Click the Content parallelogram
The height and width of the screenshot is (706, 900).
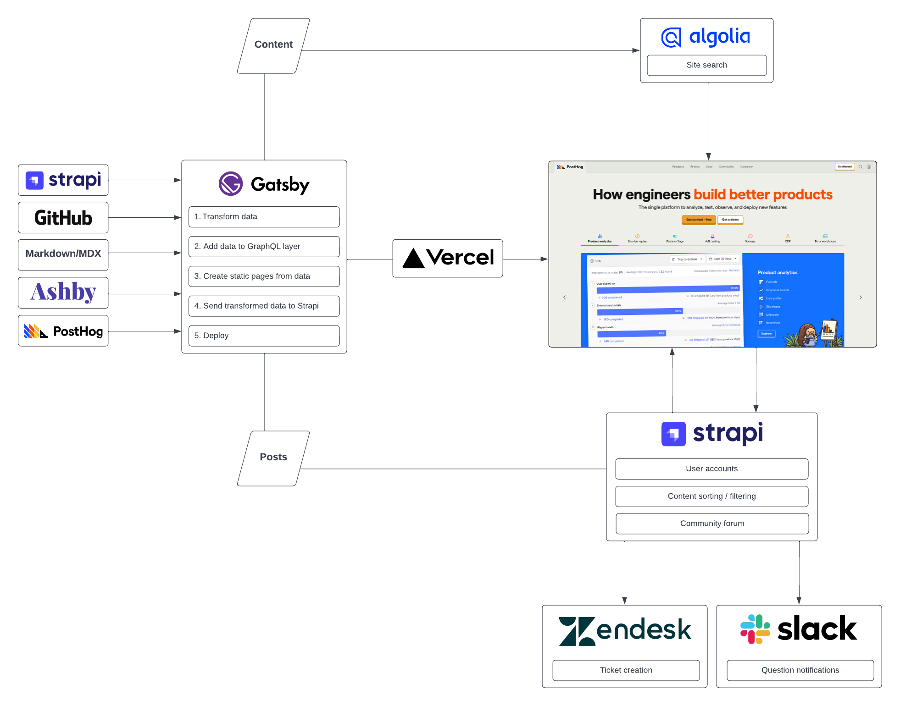coord(273,45)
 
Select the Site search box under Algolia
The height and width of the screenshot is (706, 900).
coord(706,65)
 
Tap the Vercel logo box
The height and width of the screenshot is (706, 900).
coord(447,258)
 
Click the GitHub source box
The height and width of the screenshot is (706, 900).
coord(63,218)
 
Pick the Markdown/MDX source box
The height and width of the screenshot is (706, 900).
coord(63,254)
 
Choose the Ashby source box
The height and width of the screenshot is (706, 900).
coord(63,292)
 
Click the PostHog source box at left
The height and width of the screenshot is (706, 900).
coord(63,331)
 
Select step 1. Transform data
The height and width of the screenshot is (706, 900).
coord(264,216)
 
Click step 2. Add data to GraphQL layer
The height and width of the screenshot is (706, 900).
coord(264,246)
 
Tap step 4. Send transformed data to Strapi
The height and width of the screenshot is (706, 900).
coord(264,306)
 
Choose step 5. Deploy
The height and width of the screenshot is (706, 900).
coord(264,336)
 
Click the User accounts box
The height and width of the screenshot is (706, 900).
coord(711,469)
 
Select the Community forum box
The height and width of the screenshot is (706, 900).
coord(712,524)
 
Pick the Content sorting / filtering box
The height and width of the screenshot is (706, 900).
coord(711,496)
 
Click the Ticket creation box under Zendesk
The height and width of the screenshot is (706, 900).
coord(626,670)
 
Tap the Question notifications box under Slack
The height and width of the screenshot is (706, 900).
coord(800,670)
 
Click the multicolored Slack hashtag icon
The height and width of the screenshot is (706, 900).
coord(755,629)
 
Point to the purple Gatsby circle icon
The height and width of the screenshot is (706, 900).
coord(231,184)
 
